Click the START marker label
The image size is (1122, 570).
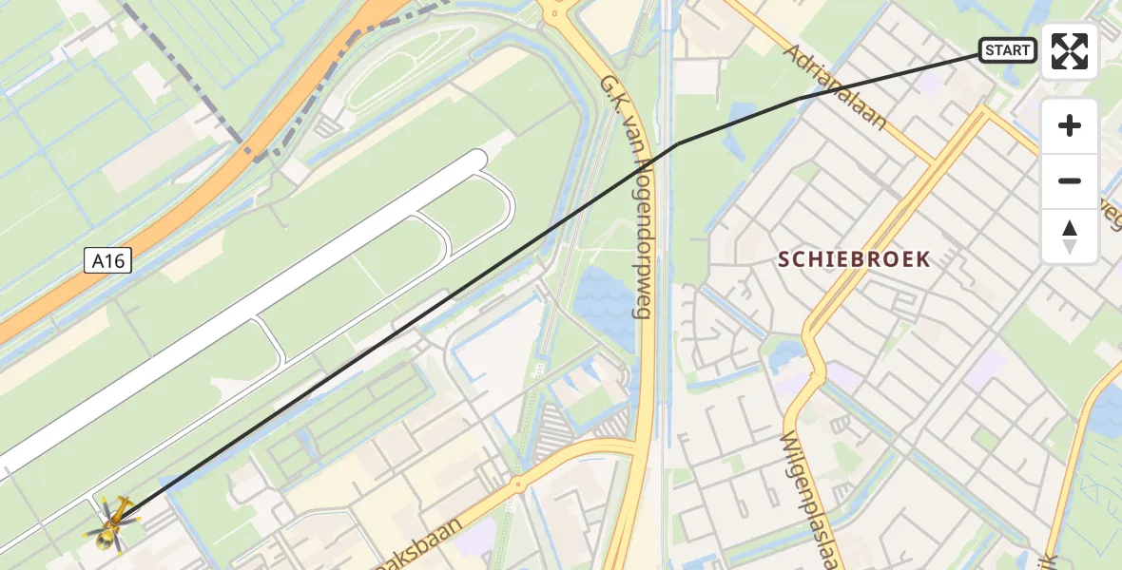(x=1007, y=50)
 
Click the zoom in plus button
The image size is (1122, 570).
(x=1070, y=125)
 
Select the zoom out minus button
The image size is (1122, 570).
(x=1070, y=180)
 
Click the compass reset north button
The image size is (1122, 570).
(x=1070, y=237)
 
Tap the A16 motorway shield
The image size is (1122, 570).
(x=106, y=260)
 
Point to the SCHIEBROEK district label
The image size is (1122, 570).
(x=854, y=259)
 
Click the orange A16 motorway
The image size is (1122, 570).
(x=190, y=204)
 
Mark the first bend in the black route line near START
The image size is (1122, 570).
(x=797, y=99)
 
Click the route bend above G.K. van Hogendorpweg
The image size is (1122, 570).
(x=677, y=143)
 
